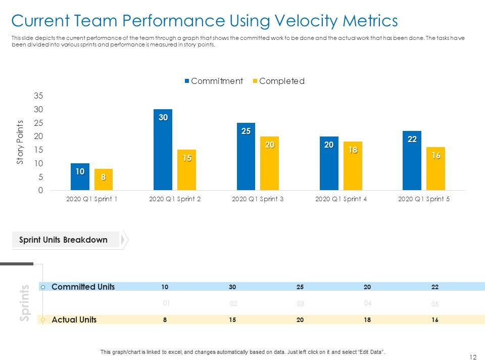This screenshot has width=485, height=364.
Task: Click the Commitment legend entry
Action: pyautogui.click(x=214, y=81)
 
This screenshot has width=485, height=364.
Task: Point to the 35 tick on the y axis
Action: pyautogui.click(x=39, y=96)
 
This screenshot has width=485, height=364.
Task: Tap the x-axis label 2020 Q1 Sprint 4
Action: pyautogui.click(x=341, y=199)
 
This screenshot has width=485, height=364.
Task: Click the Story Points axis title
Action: pyautogui.click(x=20, y=142)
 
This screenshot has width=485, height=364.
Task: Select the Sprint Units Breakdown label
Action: pyautogui.click(x=63, y=240)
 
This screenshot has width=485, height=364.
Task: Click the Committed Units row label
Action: pyautogui.click(x=83, y=287)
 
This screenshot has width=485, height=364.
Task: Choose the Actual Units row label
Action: pyautogui.click(x=74, y=320)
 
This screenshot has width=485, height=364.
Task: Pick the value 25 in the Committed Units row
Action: pyautogui.click(x=300, y=287)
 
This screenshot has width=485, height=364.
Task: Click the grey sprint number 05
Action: pyautogui.click(x=435, y=304)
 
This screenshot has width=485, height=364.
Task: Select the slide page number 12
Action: pyautogui.click(x=473, y=357)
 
